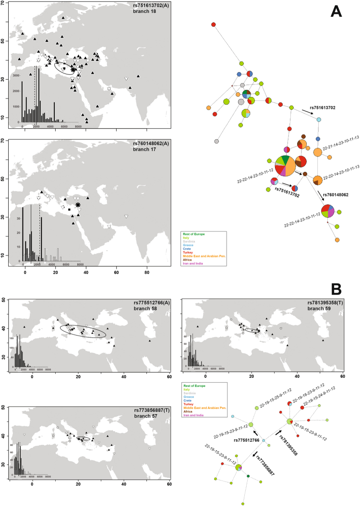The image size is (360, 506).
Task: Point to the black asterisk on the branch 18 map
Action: point(73,70)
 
